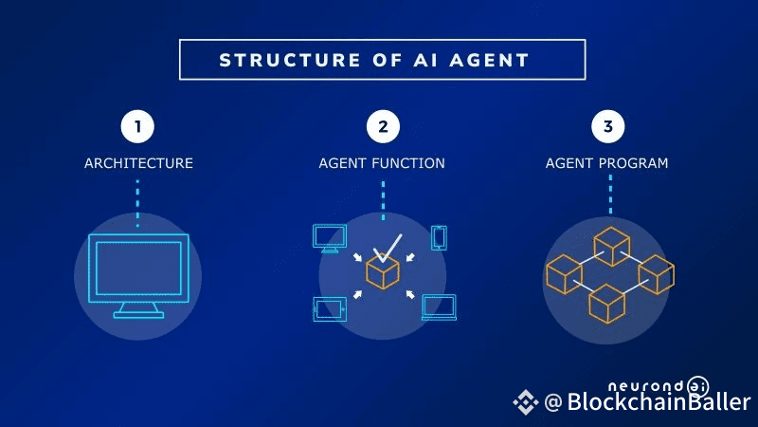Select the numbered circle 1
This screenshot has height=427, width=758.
[137, 126]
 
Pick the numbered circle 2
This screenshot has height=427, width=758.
[382, 126]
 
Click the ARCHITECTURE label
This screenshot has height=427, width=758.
[138, 163]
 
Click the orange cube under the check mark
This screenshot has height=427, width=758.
[383, 273]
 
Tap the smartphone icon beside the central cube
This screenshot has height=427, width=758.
[439, 237]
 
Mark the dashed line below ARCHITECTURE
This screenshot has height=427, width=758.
[137, 201]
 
